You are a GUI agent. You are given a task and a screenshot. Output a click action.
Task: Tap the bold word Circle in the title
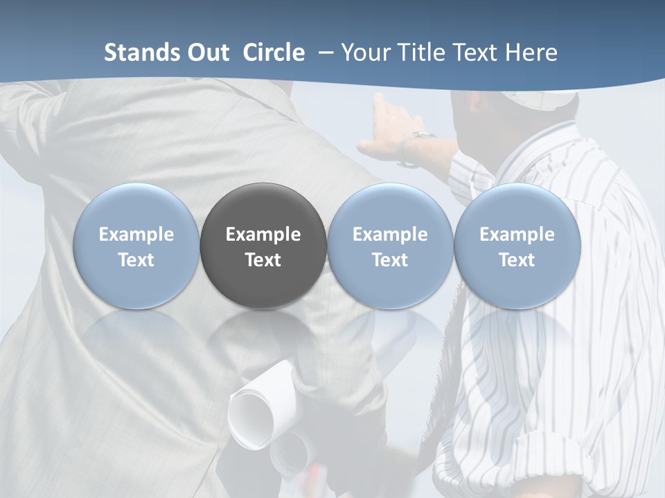tap(274, 53)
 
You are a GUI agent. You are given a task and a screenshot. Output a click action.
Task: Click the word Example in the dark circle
tap(263, 234)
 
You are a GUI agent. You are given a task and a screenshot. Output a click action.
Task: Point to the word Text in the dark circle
tap(263, 260)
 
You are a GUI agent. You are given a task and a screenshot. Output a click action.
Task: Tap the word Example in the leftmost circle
tap(136, 234)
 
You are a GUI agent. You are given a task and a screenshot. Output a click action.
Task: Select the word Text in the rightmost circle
tap(517, 260)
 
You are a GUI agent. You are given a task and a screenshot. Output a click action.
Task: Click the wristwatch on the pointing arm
tap(416, 147)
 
